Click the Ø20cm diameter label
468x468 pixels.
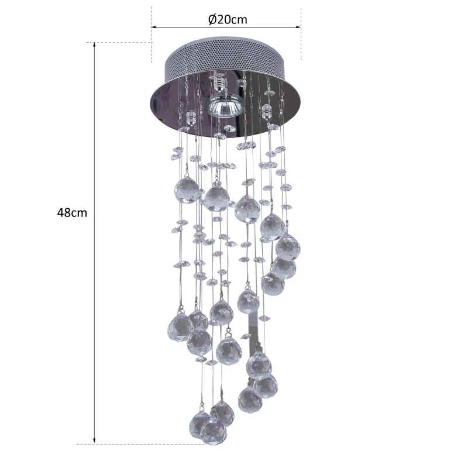(x=228, y=19)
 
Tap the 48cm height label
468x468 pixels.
(x=72, y=213)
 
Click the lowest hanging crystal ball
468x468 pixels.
(x=214, y=432)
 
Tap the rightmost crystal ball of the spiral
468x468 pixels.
(x=288, y=246)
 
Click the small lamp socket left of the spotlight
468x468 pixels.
(x=191, y=118)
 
